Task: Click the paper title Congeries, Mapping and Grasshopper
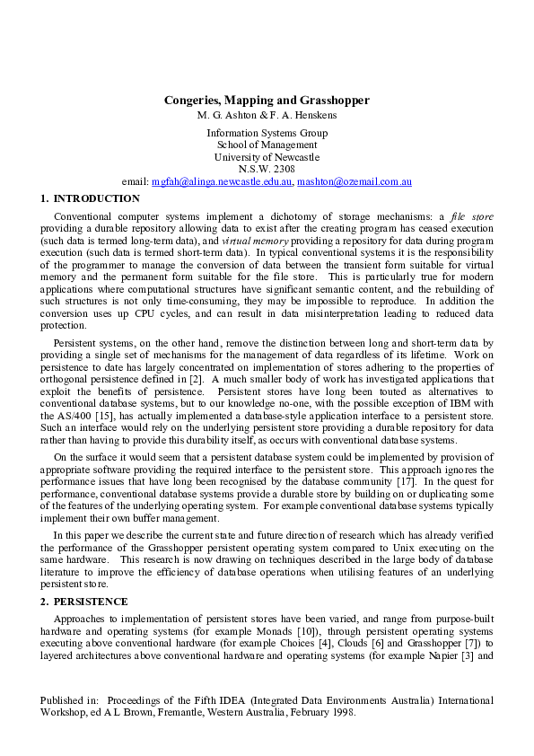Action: click(267, 101)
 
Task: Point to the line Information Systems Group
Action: click(267, 133)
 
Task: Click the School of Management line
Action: click(267, 145)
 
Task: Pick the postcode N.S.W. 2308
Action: click(267, 169)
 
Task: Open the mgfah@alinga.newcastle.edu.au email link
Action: click(222, 181)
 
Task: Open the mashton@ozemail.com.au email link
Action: click(355, 181)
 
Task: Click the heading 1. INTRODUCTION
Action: click(91, 198)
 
